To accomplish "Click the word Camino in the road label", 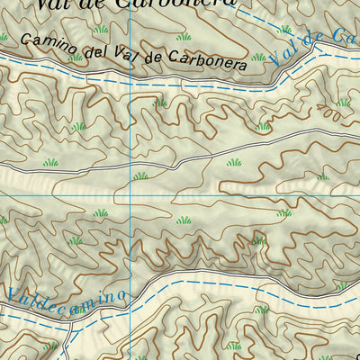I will coord(44,41).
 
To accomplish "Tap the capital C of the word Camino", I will coord(24,39).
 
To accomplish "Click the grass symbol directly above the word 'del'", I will coord(102,30).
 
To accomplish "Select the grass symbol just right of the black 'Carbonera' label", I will coord(260,58).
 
